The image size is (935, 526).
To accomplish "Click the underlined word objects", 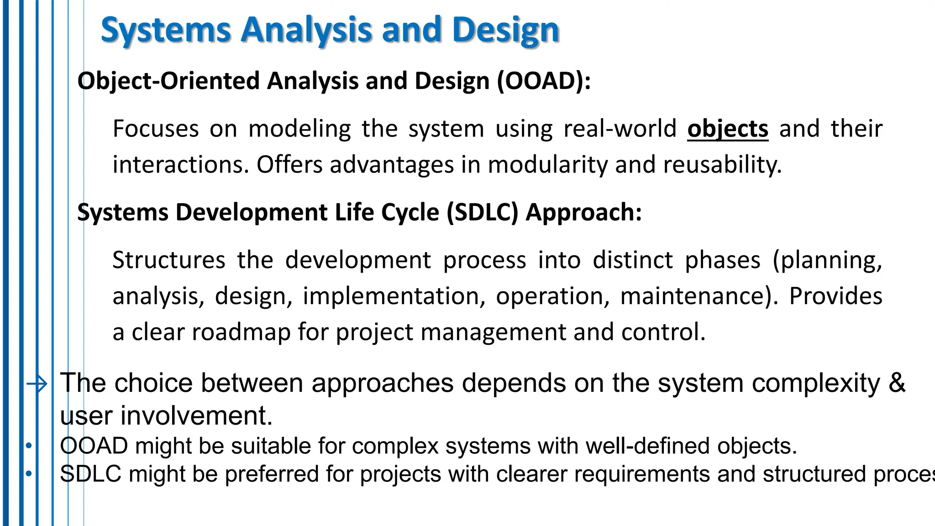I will pos(728,129).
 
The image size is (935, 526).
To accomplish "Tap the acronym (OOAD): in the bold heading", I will pos(544,81).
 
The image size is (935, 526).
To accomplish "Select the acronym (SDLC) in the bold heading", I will pos(483,213).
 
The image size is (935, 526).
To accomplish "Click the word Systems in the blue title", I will pos(166,30).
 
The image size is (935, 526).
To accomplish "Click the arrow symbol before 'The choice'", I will pos(37,384).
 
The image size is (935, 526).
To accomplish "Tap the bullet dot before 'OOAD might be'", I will pos(28,446).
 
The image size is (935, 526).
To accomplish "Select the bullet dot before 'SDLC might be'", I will pos(28,474).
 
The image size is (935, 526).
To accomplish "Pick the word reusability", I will pos(722,165).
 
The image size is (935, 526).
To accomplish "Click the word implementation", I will pos(394,296).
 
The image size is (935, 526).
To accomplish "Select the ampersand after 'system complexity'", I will pos(897,383).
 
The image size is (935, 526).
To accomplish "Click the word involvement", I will pos(196,416).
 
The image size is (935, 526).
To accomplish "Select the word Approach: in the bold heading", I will pos(583,213).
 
